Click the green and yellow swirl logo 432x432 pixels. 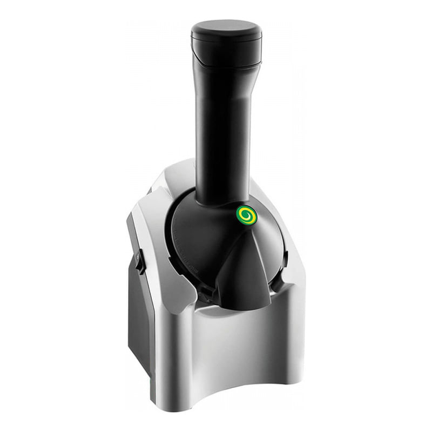click(x=246, y=215)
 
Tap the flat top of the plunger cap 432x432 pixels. click(x=226, y=28)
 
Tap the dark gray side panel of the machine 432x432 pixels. click(x=139, y=324)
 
